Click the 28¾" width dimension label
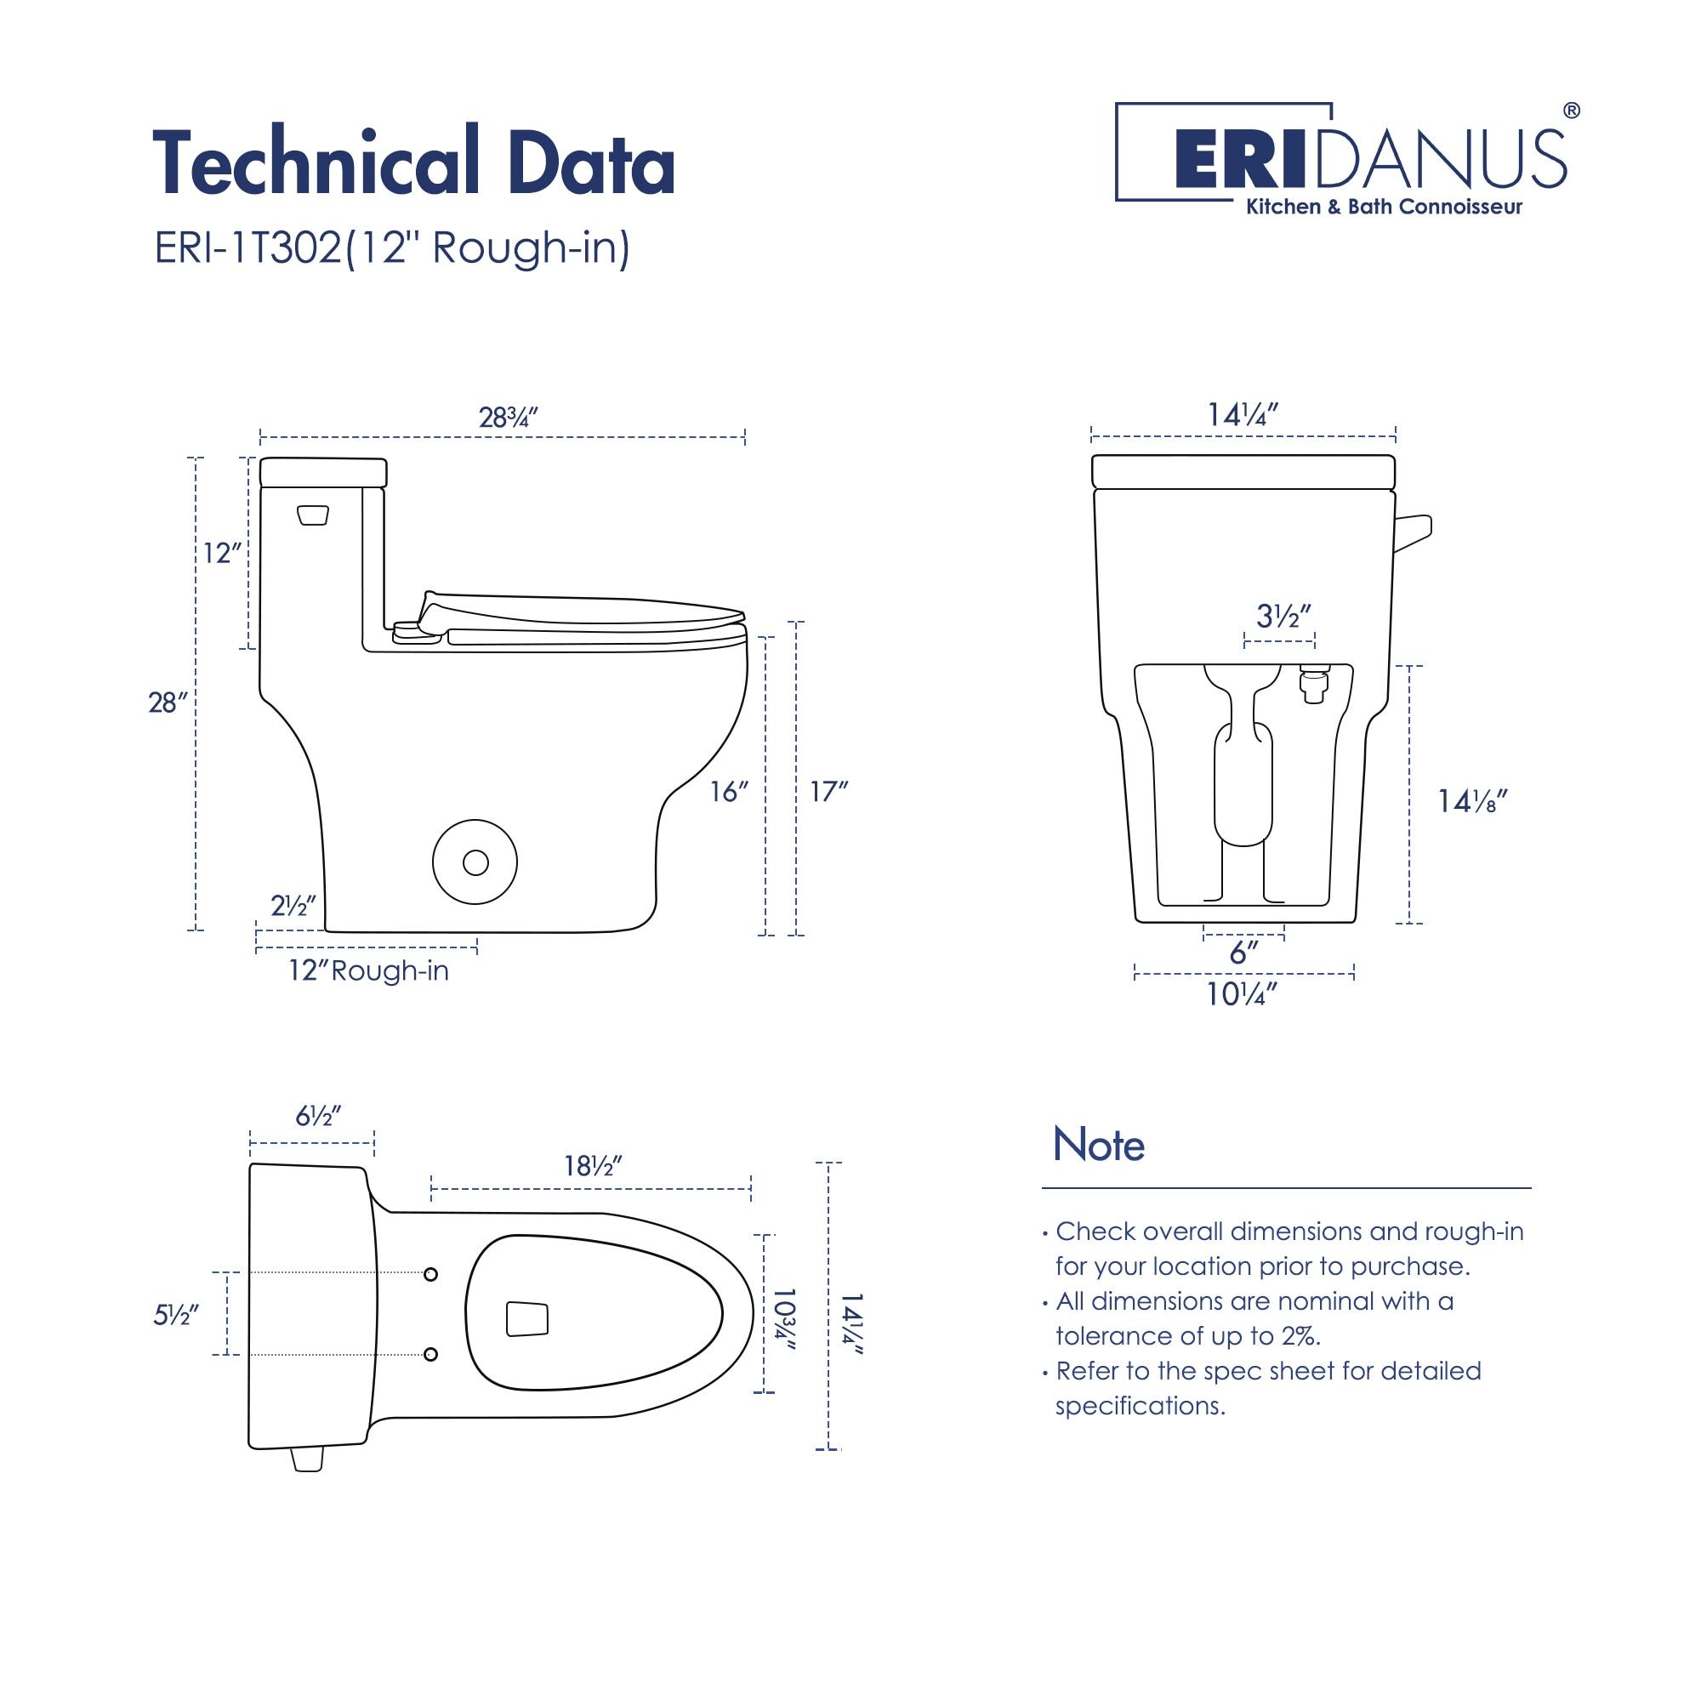coord(508,418)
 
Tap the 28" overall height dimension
coord(168,703)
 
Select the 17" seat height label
coord(828,792)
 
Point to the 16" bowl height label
coord(729,793)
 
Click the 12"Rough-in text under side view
coord(368,970)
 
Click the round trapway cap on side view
coord(475,862)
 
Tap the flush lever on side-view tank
coord(312,515)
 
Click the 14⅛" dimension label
coord(1472,801)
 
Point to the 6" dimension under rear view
coord(1243,953)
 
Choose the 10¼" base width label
coord(1242,995)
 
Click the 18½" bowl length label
coord(594,1166)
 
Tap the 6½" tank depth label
coord(318,1117)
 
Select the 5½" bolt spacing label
coord(175,1315)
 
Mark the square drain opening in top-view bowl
coord(526,1319)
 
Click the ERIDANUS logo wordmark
coord(1370,160)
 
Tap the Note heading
coord(1098,1145)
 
